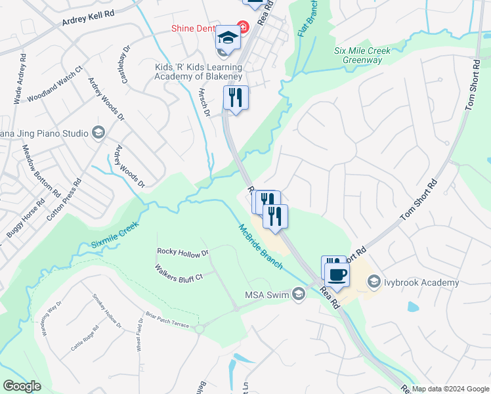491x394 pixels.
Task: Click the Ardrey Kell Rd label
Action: tap(89, 18)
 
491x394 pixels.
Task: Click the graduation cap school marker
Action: tap(228, 37)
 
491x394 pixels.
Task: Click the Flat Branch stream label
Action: tap(309, 18)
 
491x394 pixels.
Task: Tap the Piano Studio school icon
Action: tap(98, 133)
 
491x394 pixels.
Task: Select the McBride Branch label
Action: tap(261, 246)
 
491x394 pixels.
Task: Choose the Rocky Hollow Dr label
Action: tap(182, 252)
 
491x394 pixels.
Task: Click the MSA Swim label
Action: tap(267, 294)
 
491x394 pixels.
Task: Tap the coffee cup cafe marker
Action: tap(337, 274)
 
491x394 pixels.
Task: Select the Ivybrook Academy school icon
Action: tap(374, 282)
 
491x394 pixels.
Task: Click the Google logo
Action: tap(22, 385)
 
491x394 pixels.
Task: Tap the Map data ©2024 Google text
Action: tap(450, 389)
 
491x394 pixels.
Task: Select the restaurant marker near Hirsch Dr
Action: tap(235, 98)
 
